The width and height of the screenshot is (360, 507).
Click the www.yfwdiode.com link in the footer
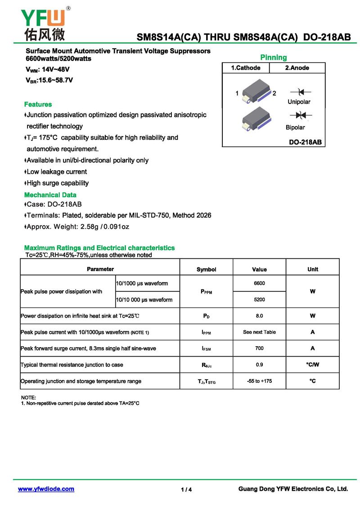[x=46, y=489]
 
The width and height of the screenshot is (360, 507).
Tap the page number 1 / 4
[x=186, y=490]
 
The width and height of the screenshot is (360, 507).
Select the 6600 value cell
[x=259, y=283]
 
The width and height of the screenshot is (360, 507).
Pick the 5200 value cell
[x=259, y=299]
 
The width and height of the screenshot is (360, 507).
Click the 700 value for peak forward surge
[x=259, y=349]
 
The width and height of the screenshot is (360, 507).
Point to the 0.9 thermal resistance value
[x=259, y=365]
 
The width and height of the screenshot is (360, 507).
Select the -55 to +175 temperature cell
[x=259, y=381]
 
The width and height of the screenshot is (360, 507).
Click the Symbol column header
[x=207, y=269]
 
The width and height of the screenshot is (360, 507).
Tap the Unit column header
[x=313, y=269]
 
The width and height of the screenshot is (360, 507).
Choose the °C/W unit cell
[x=313, y=365]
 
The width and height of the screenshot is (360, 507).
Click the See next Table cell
[x=259, y=332]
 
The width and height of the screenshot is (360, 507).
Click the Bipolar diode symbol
[x=297, y=115]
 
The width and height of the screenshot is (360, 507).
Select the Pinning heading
[x=274, y=57]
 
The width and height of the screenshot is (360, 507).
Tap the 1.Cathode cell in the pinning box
[x=246, y=68]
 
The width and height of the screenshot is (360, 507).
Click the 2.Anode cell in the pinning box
[x=297, y=68]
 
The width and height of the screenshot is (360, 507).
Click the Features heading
[x=38, y=104]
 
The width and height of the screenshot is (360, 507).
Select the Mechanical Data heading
[x=50, y=195]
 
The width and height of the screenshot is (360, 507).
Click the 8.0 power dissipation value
[x=259, y=316]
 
